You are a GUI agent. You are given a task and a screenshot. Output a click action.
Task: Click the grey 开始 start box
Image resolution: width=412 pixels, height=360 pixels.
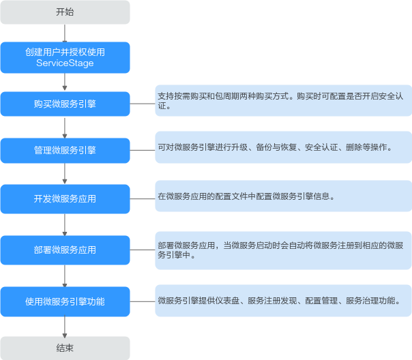tap(65, 12)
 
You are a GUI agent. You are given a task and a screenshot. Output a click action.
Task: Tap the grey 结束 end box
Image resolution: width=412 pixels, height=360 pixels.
tap(65, 348)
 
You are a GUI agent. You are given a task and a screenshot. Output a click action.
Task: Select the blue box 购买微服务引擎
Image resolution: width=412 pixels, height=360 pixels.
tap(65, 104)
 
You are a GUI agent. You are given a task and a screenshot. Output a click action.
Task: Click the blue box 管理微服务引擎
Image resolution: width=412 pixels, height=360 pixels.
tap(65, 151)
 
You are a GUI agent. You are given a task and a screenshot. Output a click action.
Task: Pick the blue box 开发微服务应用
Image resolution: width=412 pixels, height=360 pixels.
tap(65, 199)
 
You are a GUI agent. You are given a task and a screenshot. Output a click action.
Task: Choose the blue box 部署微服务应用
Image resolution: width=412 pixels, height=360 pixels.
tap(65, 250)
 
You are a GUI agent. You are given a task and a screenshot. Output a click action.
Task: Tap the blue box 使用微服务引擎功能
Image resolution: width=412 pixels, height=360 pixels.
tap(65, 301)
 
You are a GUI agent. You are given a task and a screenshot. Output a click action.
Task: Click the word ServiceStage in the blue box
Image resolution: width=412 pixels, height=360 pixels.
tap(65, 63)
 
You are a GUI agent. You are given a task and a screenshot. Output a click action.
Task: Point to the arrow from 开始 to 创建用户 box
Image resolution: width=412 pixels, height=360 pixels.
tap(65, 33)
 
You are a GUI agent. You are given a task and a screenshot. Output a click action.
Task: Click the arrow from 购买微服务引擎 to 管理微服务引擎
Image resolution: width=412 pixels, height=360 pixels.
tap(65, 127)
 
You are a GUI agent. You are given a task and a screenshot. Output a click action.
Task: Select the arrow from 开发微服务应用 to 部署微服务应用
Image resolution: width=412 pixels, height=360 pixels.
tap(65, 225)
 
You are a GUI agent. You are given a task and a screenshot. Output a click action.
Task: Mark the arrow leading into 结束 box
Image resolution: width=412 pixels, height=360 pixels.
tap(65, 327)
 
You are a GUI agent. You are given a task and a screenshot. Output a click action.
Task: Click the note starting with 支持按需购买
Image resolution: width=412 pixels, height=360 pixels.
tap(284, 101)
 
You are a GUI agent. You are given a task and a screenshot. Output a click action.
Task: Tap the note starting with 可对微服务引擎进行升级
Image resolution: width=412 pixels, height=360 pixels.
tap(284, 147)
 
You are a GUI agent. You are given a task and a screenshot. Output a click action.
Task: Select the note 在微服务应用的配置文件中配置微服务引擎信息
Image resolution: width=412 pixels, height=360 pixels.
tap(284, 196)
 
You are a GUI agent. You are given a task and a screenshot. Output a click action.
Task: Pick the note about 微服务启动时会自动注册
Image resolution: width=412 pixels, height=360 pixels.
tap(284, 250)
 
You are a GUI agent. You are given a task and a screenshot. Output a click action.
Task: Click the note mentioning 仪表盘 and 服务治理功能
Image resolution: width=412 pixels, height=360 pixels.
tap(284, 301)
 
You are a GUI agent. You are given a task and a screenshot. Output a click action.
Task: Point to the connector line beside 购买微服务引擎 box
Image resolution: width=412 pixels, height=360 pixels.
tap(143, 104)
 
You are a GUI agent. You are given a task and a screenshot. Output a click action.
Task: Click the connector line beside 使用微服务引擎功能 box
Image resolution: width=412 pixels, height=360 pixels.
tap(143, 301)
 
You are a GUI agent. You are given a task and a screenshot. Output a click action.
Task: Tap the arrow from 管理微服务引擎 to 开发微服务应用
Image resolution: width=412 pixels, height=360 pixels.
tap(65, 174)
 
